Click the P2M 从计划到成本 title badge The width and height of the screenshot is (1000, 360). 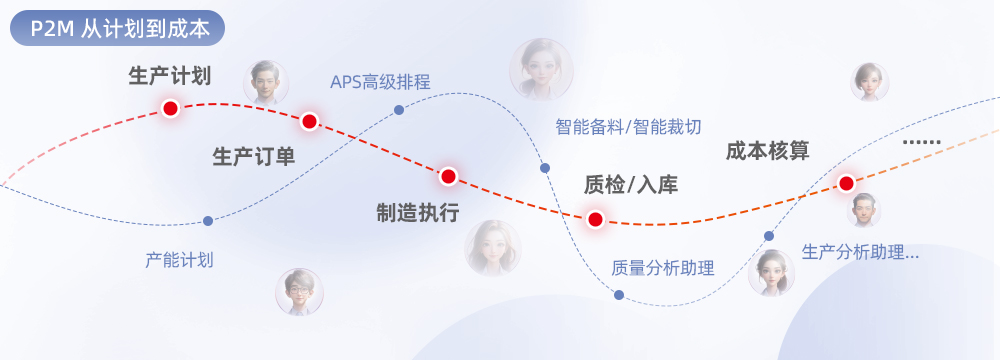tap(117, 28)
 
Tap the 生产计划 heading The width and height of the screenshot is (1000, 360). tap(170, 76)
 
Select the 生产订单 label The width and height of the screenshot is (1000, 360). tap(254, 156)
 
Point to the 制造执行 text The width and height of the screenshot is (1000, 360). tap(418, 213)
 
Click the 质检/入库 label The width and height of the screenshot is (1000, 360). tap(631, 184)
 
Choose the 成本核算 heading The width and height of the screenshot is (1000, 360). tap(768, 151)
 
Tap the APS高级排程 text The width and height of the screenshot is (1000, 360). tap(380, 82)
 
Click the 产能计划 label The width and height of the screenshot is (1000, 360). tap(179, 260)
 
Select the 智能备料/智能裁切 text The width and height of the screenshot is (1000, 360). tap(628, 126)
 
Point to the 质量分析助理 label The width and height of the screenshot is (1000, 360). tap(663, 267)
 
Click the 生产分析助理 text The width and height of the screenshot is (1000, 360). tap(860, 252)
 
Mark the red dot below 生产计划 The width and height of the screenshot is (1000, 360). tap(170, 109)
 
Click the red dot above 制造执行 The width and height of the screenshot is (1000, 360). tap(448, 176)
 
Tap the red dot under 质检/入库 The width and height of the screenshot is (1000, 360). tap(595, 220)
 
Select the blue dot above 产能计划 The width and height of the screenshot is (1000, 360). tap(208, 221)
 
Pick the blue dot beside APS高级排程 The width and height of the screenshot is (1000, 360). tap(399, 110)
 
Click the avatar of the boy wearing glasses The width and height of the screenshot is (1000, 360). tap(299, 292)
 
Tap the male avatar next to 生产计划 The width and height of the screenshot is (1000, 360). tap(266, 83)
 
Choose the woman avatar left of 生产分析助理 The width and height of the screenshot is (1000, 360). tap(771, 273)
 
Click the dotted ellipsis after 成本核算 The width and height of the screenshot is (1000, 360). tap(922, 142)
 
